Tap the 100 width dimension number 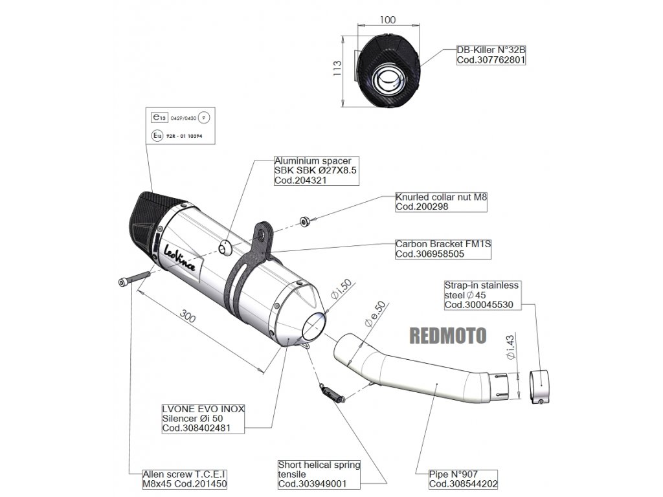(387, 19)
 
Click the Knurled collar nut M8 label (439, 202)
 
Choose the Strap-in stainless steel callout (481, 294)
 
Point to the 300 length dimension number (188, 318)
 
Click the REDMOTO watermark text (448, 334)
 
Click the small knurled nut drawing (304, 222)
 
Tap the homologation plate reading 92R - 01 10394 (177, 137)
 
